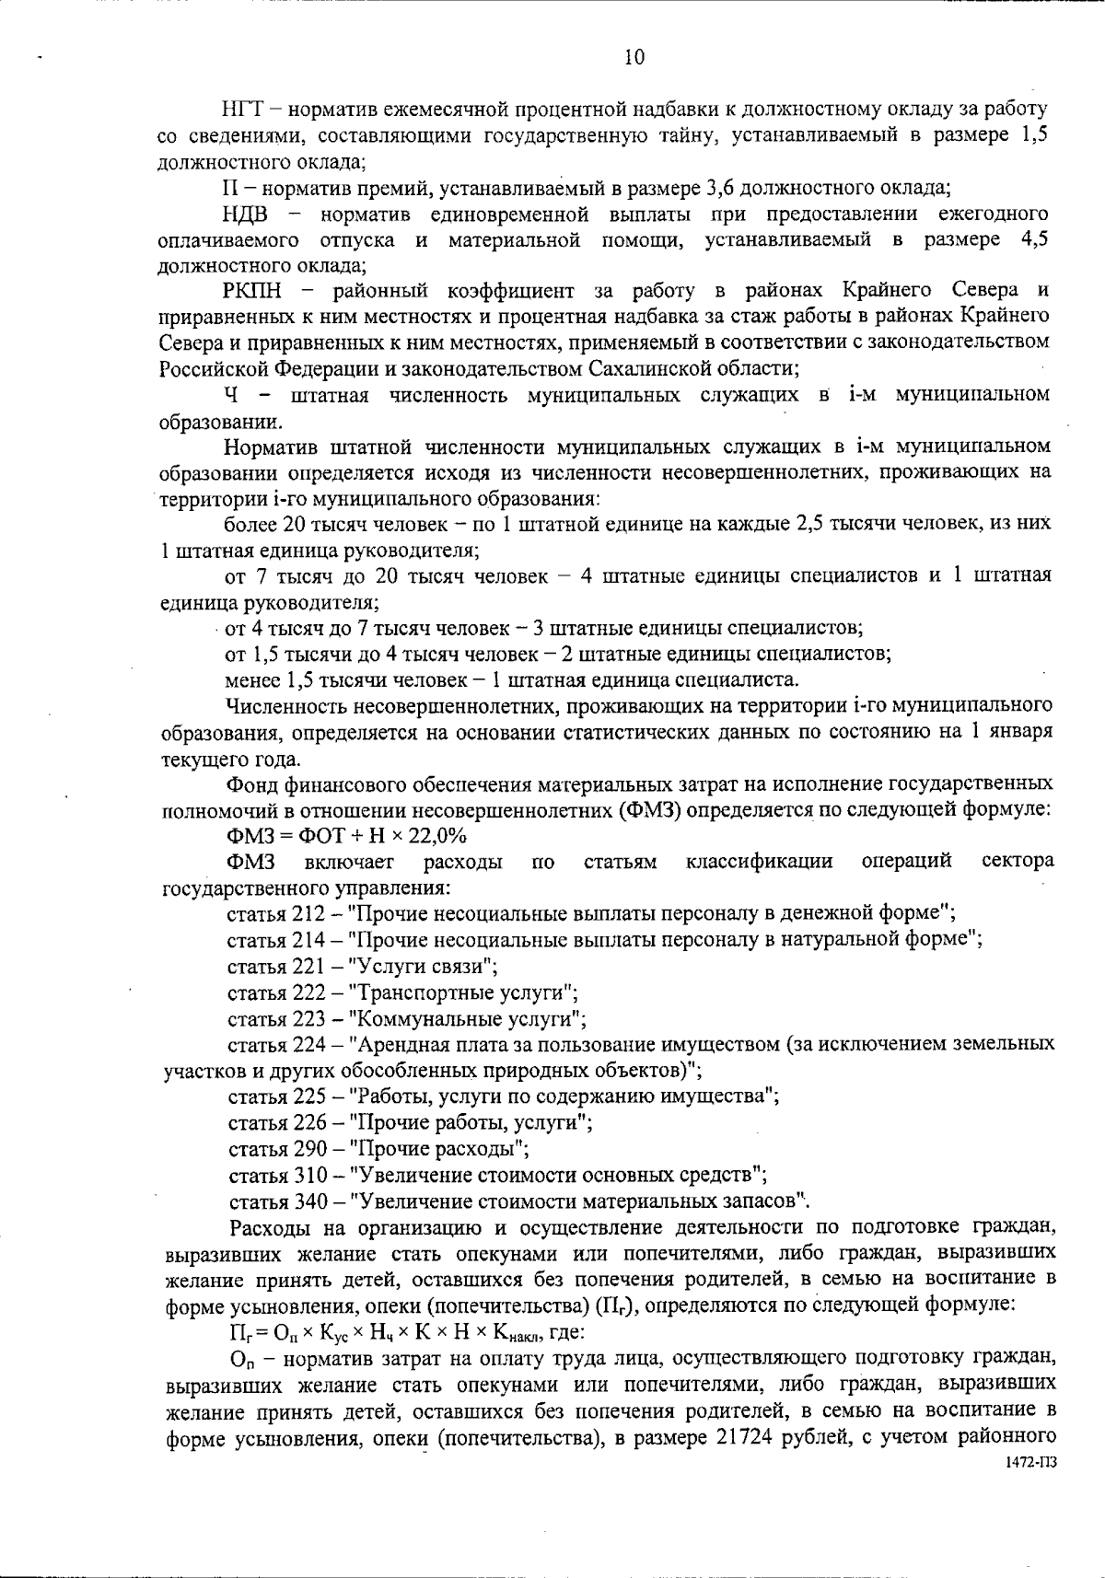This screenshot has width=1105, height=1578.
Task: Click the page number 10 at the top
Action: pyautogui.click(x=634, y=57)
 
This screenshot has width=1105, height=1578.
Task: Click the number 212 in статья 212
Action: pyautogui.click(x=308, y=914)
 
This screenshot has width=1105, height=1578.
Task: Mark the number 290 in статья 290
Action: pyautogui.click(x=309, y=1149)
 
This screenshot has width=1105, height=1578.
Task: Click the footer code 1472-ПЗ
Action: pyautogui.click(x=1029, y=1464)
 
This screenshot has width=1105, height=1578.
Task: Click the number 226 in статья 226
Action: pyautogui.click(x=309, y=1123)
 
